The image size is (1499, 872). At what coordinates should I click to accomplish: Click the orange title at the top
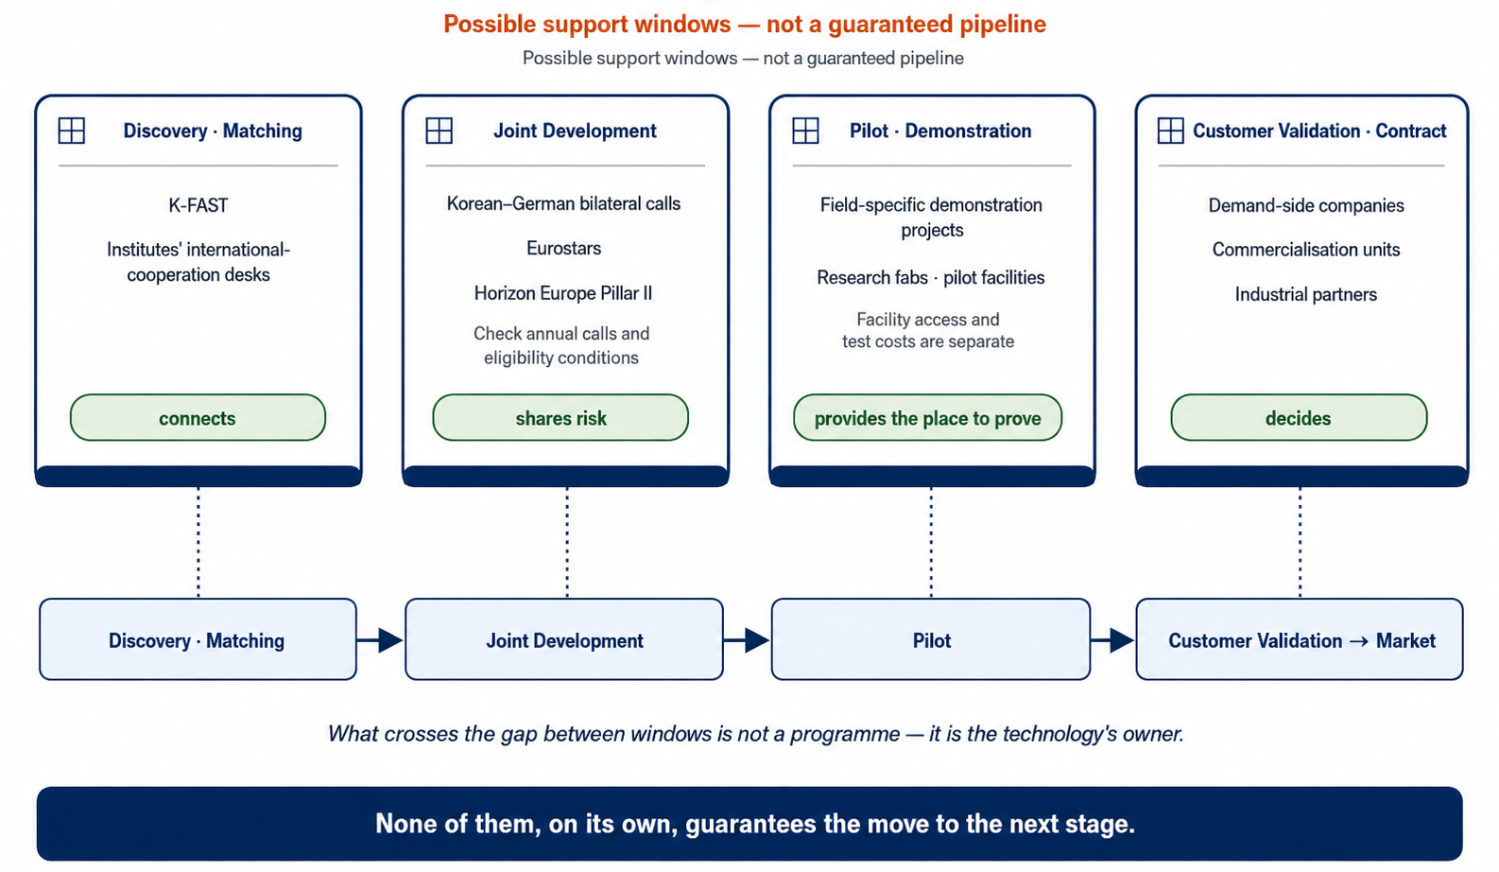point(744,24)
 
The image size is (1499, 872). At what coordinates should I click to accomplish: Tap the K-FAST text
point(198,205)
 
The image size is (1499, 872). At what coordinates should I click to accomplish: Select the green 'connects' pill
point(198,417)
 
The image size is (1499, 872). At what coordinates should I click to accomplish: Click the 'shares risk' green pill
point(560,417)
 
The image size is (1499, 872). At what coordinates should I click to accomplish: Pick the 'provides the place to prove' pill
point(927,417)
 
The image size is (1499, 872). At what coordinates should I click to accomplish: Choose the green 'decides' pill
point(1299,417)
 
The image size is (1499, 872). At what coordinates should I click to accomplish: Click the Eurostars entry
point(563,249)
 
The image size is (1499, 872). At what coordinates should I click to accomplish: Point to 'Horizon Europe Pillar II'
point(562,293)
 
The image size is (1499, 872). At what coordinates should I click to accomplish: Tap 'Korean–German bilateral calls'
point(563,203)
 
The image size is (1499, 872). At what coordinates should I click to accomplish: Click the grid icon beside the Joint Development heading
point(439,131)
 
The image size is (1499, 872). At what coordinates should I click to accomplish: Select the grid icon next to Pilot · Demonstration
point(805,131)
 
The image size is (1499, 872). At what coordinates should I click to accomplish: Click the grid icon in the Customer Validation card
point(1170,131)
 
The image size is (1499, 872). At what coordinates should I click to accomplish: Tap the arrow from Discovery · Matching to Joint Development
point(380,640)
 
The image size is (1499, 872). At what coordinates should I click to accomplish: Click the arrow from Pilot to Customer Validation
point(1112,640)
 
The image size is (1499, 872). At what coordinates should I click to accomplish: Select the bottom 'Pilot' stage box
point(931,639)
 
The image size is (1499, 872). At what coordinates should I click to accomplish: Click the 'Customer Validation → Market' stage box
point(1300,639)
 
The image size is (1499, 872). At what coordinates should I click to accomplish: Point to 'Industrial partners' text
point(1305,295)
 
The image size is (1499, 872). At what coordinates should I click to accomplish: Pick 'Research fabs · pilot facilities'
point(931,278)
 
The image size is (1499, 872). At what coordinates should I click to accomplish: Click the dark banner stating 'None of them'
point(749,824)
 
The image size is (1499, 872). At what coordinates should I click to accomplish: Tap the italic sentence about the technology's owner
point(755,734)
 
